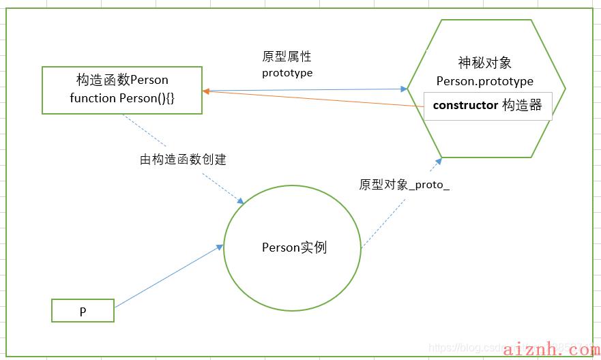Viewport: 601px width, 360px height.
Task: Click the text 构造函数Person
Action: (122, 80)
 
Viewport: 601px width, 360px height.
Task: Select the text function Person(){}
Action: (122, 97)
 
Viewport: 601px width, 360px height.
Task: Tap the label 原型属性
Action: (287, 57)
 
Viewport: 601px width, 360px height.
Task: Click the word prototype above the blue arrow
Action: (287, 72)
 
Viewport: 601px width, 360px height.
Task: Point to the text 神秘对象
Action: (484, 63)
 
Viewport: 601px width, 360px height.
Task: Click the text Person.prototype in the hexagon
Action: (484, 81)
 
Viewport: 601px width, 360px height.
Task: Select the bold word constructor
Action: (465, 105)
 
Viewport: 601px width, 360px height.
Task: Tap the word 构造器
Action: (521, 105)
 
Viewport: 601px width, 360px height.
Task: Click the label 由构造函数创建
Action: (183, 160)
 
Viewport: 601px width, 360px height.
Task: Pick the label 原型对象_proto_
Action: (405, 185)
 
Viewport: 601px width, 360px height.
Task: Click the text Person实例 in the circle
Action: (294, 247)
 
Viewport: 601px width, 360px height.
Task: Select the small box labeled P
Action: (83, 312)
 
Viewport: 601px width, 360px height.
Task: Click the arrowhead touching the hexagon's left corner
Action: (402, 89)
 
